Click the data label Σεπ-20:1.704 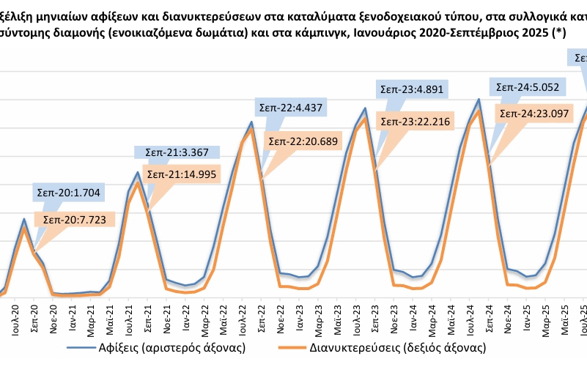[x=70, y=193]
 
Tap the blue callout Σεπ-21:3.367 [x=172, y=152]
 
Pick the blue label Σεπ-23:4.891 [x=413, y=90]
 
